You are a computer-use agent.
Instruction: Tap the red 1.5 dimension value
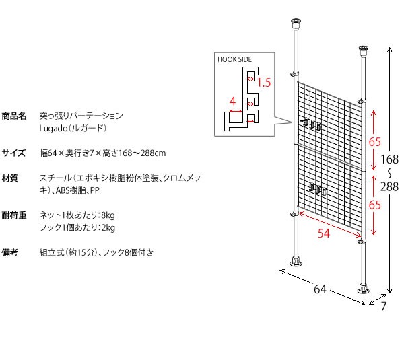tap(264, 83)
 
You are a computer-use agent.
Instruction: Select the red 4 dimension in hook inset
tap(232, 102)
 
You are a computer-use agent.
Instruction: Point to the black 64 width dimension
tap(320, 290)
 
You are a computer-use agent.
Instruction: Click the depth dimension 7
tap(384, 306)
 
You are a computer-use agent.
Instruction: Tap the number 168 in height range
tap(389, 160)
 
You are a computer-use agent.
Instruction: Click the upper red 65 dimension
tap(375, 142)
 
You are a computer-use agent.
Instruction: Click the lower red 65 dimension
tap(375, 205)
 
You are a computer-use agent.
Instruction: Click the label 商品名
tap(14, 116)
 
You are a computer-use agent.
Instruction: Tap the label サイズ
tap(14, 153)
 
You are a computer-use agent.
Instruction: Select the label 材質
tap(10, 179)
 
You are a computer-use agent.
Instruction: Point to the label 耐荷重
tap(14, 216)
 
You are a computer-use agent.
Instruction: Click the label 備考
tap(10, 253)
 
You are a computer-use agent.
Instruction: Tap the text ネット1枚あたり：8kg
tap(77, 216)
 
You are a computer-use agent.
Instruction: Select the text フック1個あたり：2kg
tap(77, 229)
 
